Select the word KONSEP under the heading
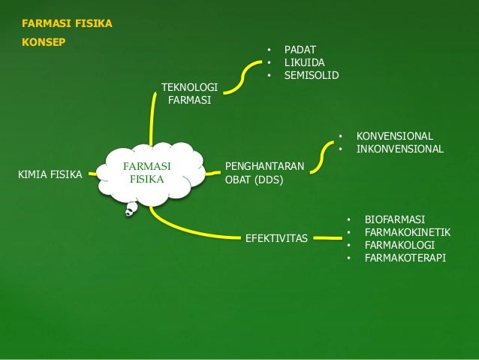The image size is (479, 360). click(44, 41)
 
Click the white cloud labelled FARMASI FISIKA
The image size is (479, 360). click(146, 174)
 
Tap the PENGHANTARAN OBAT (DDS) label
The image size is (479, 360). click(264, 172)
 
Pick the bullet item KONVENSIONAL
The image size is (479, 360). click(394, 136)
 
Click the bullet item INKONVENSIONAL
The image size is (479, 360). click(400, 149)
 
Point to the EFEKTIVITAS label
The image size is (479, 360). click(276, 238)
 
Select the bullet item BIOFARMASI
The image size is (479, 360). click(395, 219)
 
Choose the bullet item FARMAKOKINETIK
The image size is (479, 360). click(408, 232)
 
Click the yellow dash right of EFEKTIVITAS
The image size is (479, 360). click(326, 239)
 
